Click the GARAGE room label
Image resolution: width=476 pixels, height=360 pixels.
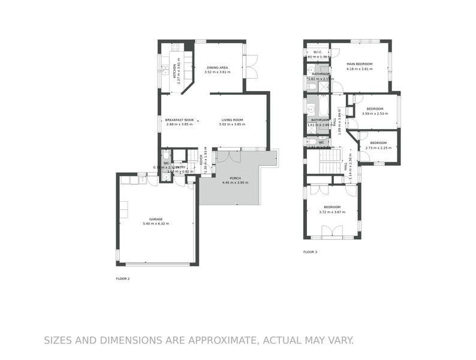156,219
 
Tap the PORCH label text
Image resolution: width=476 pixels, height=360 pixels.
234,178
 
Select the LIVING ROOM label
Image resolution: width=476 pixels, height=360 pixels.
235,120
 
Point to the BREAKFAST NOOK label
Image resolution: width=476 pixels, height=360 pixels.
179,120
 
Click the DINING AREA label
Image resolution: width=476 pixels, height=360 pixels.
217,67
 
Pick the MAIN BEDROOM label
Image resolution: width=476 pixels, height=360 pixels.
359,64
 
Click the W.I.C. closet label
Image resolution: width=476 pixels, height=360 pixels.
317,52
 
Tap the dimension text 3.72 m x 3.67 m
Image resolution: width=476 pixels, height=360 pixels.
333,212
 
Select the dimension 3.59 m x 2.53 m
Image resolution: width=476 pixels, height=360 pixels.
375,114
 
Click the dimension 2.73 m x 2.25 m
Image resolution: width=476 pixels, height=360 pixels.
378,148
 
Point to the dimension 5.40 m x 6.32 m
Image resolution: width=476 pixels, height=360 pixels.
156,224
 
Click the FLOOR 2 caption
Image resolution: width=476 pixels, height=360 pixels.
122,278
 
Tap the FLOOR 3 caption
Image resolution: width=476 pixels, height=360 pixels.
310,252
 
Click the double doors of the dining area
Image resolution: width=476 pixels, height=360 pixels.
251,67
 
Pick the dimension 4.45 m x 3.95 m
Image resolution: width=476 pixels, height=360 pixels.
234,182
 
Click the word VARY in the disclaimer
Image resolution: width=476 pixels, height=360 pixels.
338,341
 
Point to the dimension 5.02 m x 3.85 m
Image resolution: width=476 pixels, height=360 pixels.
235,125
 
